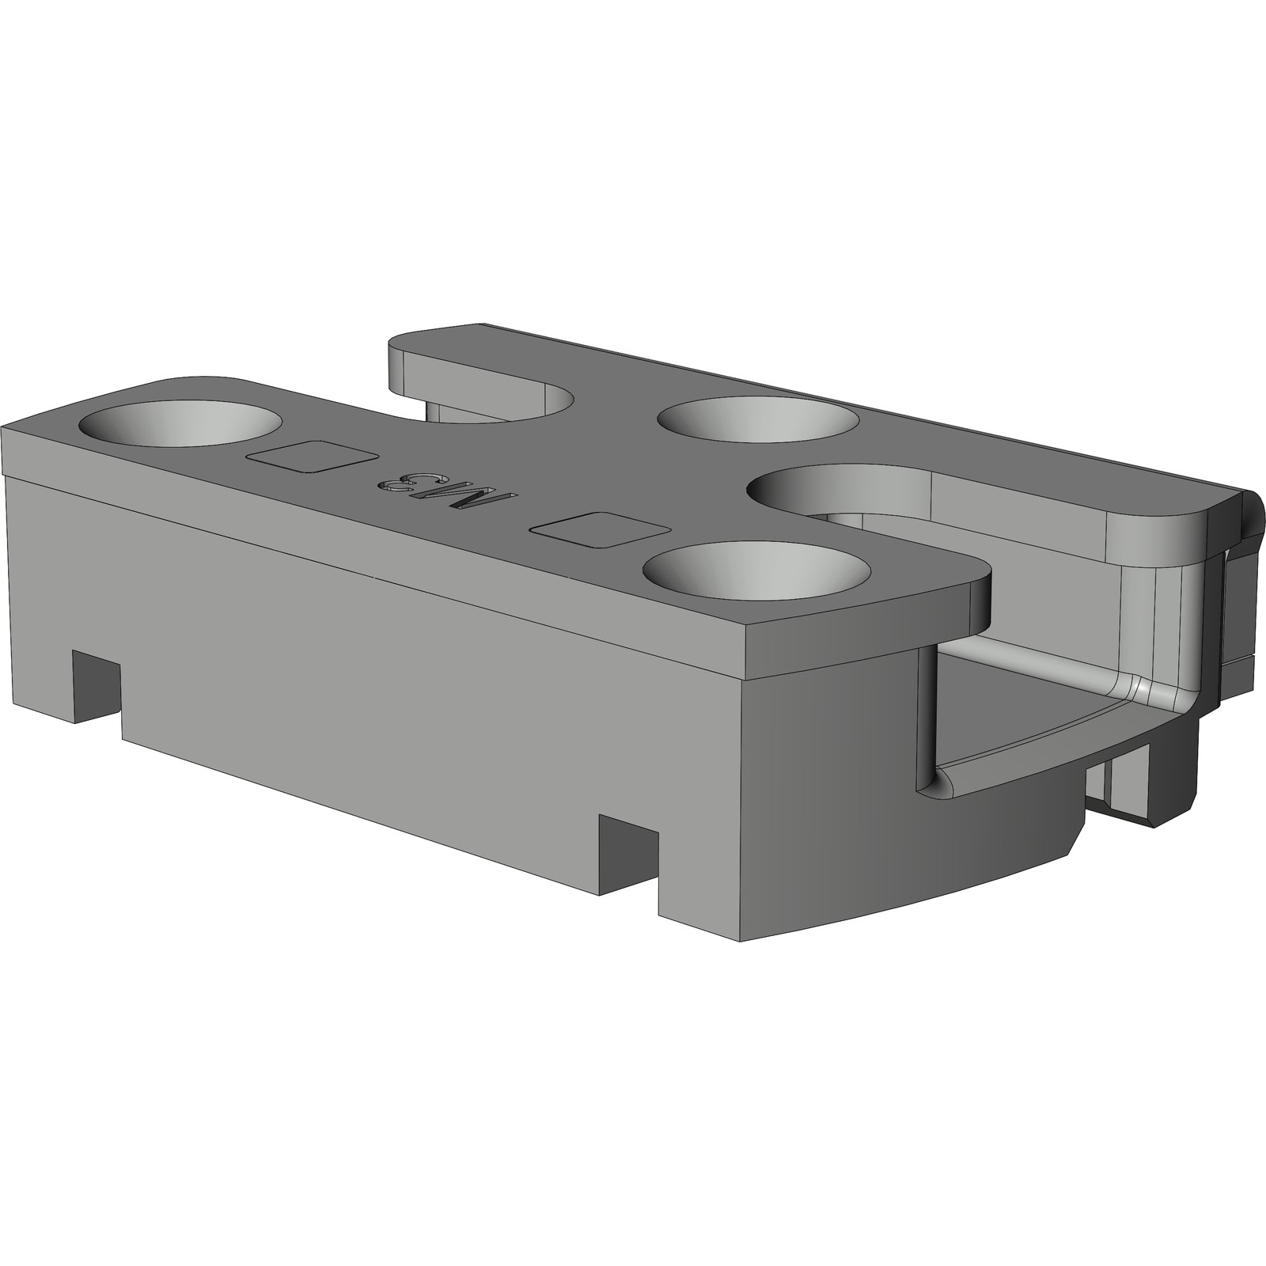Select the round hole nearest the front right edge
click(x=756, y=571)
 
